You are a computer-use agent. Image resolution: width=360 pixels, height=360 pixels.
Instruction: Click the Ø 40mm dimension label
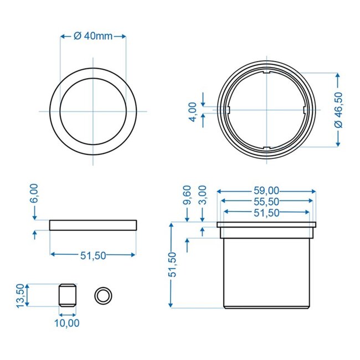(x=93, y=37)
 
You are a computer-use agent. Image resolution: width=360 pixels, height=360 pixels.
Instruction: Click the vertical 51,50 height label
(x=174, y=265)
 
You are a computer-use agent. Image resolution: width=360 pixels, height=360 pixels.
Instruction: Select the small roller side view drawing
(x=67, y=295)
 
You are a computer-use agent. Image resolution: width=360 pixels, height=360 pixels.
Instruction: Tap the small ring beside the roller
(x=102, y=295)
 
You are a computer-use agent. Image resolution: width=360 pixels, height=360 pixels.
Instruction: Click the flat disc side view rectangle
(x=92, y=225)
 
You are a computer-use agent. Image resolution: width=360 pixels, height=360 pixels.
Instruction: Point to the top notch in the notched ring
(x=266, y=72)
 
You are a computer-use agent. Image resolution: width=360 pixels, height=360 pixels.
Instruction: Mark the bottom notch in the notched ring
(x=266, y=147)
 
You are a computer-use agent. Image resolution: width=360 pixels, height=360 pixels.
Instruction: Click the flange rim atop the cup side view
(x=266, y=225)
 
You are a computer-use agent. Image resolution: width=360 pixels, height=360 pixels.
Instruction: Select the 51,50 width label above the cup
(x=267, y=213)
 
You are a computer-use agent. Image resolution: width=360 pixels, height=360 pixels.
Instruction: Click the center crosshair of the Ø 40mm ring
(x=92, y=111)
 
